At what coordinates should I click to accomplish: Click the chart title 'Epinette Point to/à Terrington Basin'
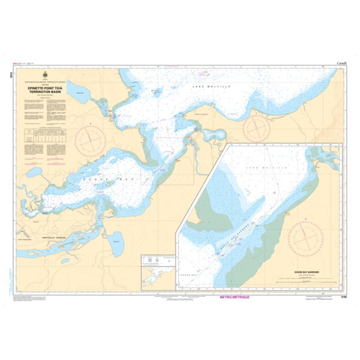point(45,91)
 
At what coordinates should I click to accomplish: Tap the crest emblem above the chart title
point(45,76)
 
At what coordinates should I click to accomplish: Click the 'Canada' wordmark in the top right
point(342,63)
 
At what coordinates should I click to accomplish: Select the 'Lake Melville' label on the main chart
point(204,89)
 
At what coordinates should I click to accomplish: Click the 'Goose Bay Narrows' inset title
point(304,269)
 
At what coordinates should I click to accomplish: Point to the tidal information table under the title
point(45,134)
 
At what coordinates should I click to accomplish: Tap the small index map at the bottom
point(158,268)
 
